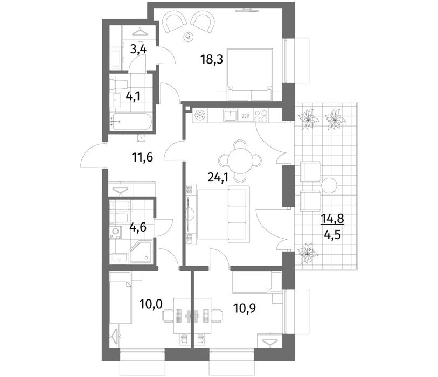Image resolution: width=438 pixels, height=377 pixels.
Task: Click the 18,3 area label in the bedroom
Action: pyautogui.click(x=212, y=59)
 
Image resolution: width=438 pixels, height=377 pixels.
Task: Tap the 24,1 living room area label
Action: pyautogui.click(x=218, y=177)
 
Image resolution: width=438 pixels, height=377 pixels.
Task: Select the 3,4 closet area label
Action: pyautogui.click(x=138, y=50)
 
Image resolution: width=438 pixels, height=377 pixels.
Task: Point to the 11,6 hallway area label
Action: pyautogui.click(x=142, y=158)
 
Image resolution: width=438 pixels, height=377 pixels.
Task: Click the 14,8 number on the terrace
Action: pyautogui.click(x=332, y=218)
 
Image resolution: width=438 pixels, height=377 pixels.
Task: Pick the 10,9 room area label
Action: pyautogui.click(x=245, y=309)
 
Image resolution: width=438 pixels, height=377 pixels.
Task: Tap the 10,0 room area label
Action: pyautogui.click(x=151, y=304)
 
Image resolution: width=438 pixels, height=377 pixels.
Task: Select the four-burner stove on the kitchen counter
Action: pyautogui.click(x=261, y=115)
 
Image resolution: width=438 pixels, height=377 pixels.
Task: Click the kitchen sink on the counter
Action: pyautogui.click(x=230, y=115)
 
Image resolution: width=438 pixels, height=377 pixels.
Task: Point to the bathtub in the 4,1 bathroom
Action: pyautogui.click(x=131, y=122)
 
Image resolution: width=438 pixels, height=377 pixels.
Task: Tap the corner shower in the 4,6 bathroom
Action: pyautogui.click(x=141, y=253)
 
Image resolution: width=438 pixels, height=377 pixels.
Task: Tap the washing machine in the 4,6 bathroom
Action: pyautogui.click(x=115, y=232)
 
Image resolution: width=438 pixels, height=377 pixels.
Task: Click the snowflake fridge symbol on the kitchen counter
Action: pyautogui.click(x=200, y=115)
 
